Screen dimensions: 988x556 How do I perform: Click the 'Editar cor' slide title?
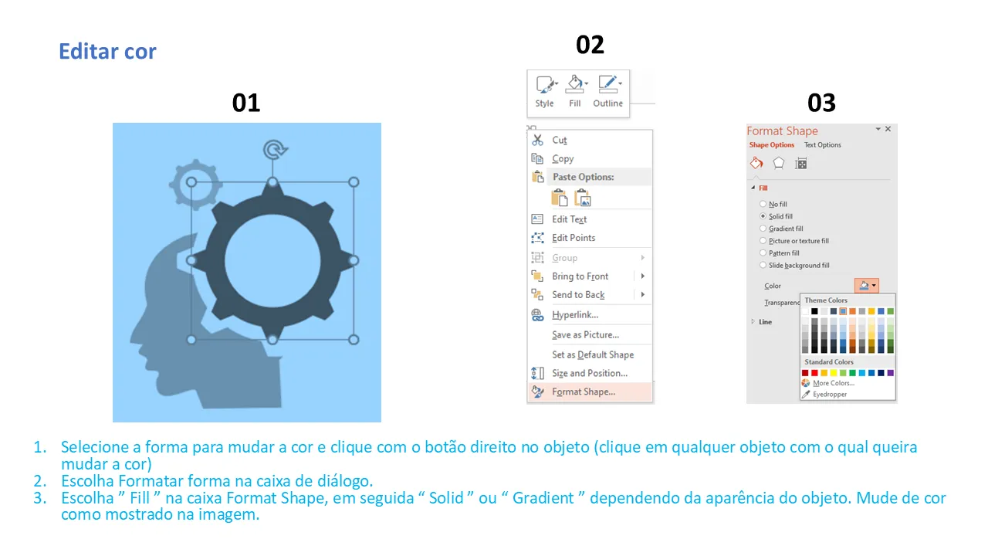[x=107, y=51]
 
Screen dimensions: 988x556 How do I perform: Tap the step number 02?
[x=590, y=45]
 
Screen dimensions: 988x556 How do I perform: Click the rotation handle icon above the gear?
[x=275, y=150]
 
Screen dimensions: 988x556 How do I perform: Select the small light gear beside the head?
[x=195, y=184]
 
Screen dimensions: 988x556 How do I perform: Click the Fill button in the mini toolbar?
[x=575, y=91]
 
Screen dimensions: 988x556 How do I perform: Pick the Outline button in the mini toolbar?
[x=607, y=91]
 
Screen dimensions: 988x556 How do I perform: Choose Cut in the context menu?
[x=560, y=141]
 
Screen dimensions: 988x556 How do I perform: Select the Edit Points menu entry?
[x=574, y=238]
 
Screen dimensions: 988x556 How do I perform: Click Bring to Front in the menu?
[x=580, y=276]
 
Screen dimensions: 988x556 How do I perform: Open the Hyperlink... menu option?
[x=575, y=314]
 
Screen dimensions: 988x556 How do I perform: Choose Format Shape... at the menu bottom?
[x=584, y=392]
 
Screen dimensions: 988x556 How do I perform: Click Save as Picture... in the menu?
[x=585, y=335]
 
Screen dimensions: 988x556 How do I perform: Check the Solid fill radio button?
[x=763, y=216]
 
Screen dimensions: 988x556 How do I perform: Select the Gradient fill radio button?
[x=763, y=229]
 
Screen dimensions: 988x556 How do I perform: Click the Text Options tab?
[x=822, y=144]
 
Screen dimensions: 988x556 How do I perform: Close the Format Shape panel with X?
[x=888, y=129]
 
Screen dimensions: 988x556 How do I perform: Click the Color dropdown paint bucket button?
[x=866, y=286]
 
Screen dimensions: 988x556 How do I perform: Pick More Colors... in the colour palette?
[x=834, y=383]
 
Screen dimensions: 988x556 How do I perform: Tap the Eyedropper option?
[x=830, y=394]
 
